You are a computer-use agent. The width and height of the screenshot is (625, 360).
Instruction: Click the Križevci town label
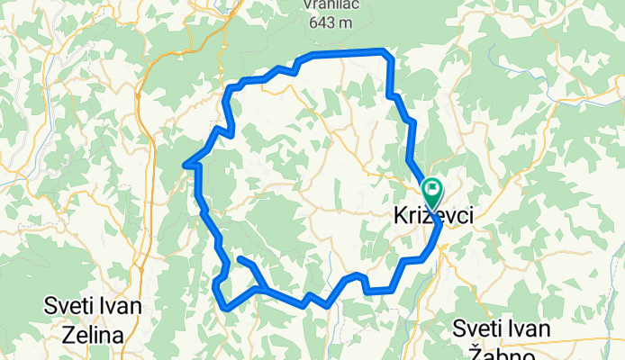click(432, 218)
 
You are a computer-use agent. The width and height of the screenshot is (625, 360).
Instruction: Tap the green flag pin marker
click(432, 190)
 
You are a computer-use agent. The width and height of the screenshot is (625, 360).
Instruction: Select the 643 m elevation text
click(329, 23)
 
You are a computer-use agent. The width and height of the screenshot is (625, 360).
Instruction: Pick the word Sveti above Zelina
click(68, 306)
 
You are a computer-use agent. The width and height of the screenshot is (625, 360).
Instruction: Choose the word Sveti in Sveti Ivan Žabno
click(477, 327)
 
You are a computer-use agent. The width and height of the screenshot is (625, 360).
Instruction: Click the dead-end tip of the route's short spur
click(240, 259)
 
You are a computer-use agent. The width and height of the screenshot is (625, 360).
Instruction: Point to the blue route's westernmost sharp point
click(185, 165)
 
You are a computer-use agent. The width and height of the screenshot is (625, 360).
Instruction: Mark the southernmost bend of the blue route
click(226, 309)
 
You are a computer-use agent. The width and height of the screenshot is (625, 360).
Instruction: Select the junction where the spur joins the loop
click(260, 289)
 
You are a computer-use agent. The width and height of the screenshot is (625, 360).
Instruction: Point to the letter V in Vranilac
click(308, 4)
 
